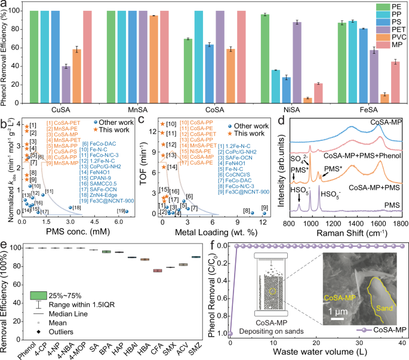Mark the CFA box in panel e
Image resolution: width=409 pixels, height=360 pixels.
pos(158,270)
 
